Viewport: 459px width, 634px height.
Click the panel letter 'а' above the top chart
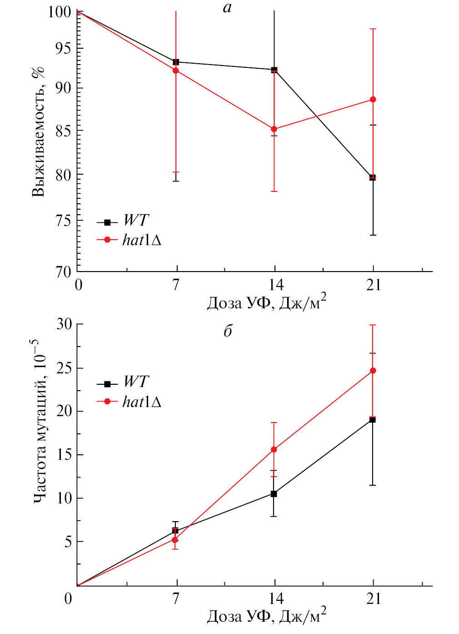coord(227,8)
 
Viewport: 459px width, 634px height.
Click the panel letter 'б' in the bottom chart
coord(228,331)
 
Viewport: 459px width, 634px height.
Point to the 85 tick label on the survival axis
coord(63,131)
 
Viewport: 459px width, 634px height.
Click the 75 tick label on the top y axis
coord(63,221)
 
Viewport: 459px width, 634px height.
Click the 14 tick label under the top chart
coord(274,285)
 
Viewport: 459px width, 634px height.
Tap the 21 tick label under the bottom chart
coord(373,599)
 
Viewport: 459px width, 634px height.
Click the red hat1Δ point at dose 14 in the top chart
coord(274,129)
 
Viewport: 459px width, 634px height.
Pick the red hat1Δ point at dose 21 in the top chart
coord(373,100)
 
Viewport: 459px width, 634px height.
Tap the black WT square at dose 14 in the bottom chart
coord(274,494)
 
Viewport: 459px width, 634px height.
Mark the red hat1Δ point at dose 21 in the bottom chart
coord(373,371)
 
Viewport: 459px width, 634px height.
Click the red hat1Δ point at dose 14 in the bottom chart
coord(274,450)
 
